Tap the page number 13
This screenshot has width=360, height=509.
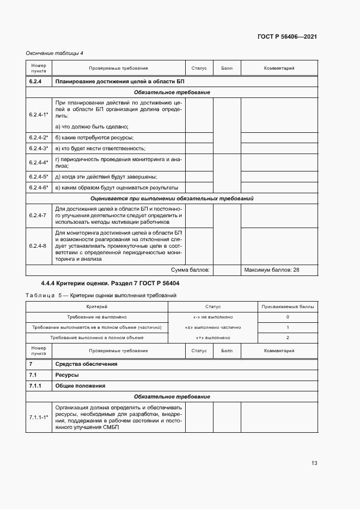[x=314, y=463]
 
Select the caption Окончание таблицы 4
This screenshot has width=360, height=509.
[x=54, y=53]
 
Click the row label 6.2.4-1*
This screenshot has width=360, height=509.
[x=39, y=114]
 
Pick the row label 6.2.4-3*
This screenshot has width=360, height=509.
[x=39, y=148]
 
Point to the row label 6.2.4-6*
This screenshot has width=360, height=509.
[x=39, y=187]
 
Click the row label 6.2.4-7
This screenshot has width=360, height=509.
[x=38, y=215]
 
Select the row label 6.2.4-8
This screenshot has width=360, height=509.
[x=38, y=246]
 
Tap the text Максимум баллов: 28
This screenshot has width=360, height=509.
[x=272, y=269]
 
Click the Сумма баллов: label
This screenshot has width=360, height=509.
[x=191, y=269]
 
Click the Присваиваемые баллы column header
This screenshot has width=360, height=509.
[x=288, y=307]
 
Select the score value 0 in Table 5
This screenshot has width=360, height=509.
[x=288, y=317]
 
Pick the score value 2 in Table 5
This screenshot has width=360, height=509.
[x=288, y=338]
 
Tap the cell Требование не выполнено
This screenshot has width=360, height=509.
[x=97, y=317]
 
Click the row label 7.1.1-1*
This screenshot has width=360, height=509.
[x=39, y=417]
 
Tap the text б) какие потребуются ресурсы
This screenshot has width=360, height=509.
[x=95, y=137]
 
